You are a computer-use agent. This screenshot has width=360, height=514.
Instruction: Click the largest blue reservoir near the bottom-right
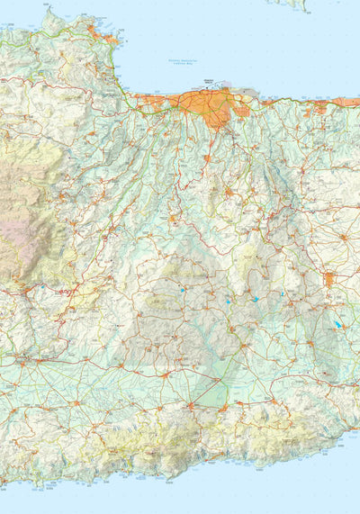point(337,325)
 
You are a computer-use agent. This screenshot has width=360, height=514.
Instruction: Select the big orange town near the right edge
point(330,279)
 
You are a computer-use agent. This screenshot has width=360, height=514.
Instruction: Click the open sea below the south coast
point(270,491)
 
